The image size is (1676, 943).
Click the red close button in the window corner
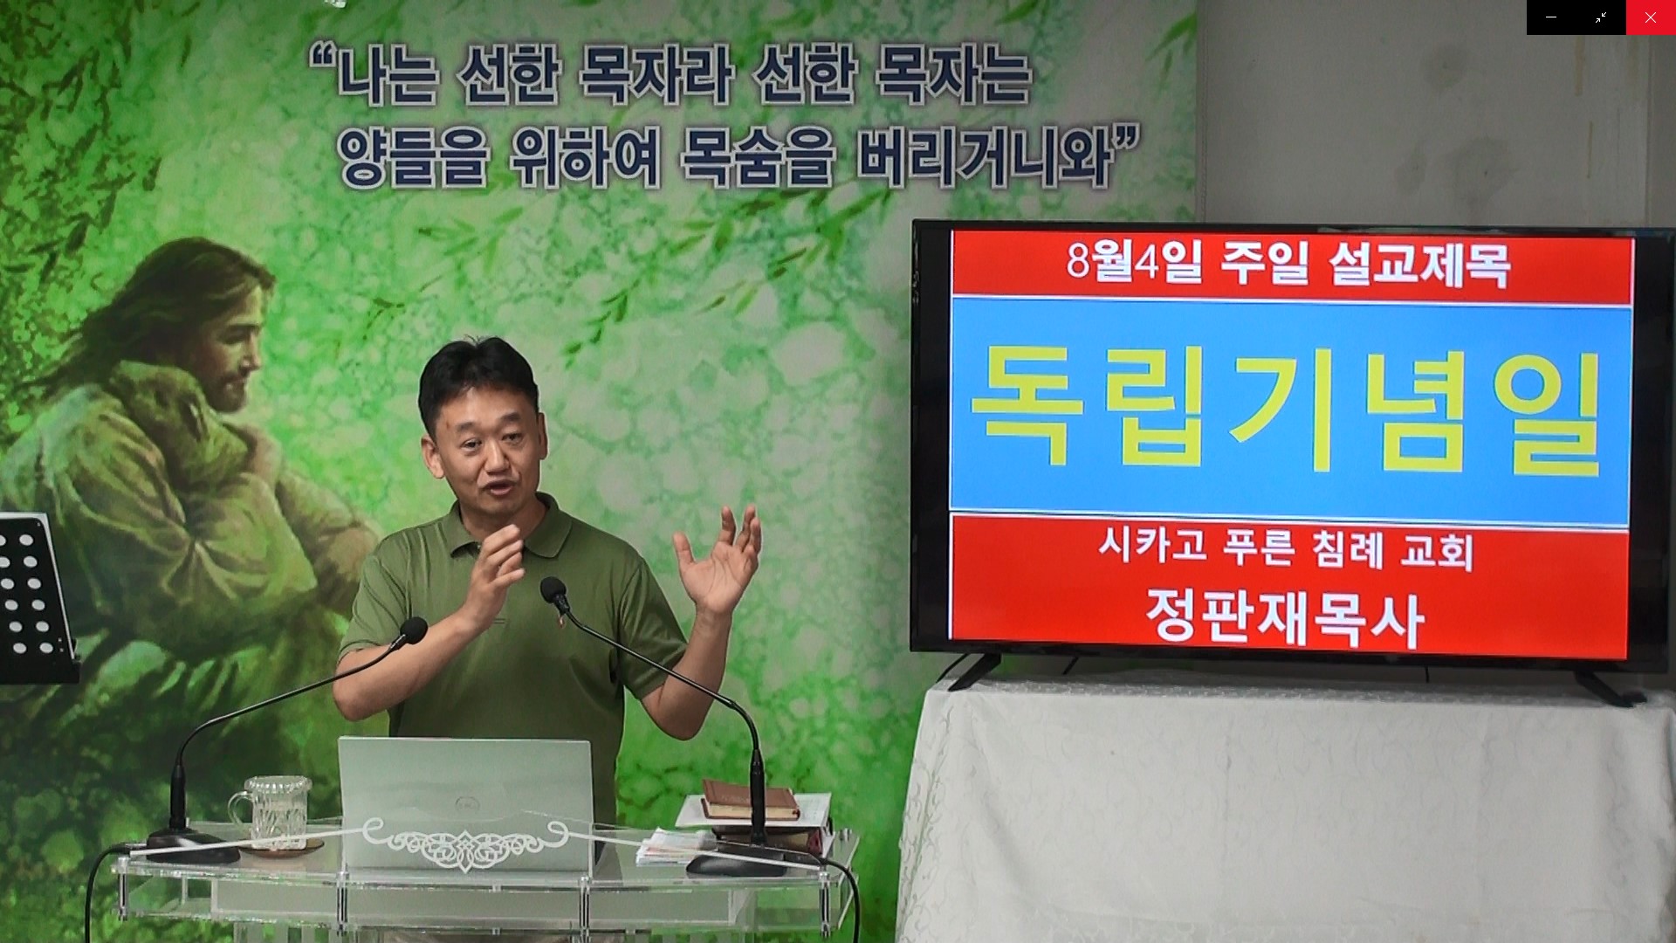1651,17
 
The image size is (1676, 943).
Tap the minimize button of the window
1551,17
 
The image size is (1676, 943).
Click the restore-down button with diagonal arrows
1601,17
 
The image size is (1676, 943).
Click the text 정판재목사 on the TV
1284,618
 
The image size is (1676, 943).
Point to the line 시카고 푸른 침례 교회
1286,550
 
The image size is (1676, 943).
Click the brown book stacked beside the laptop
749,799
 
